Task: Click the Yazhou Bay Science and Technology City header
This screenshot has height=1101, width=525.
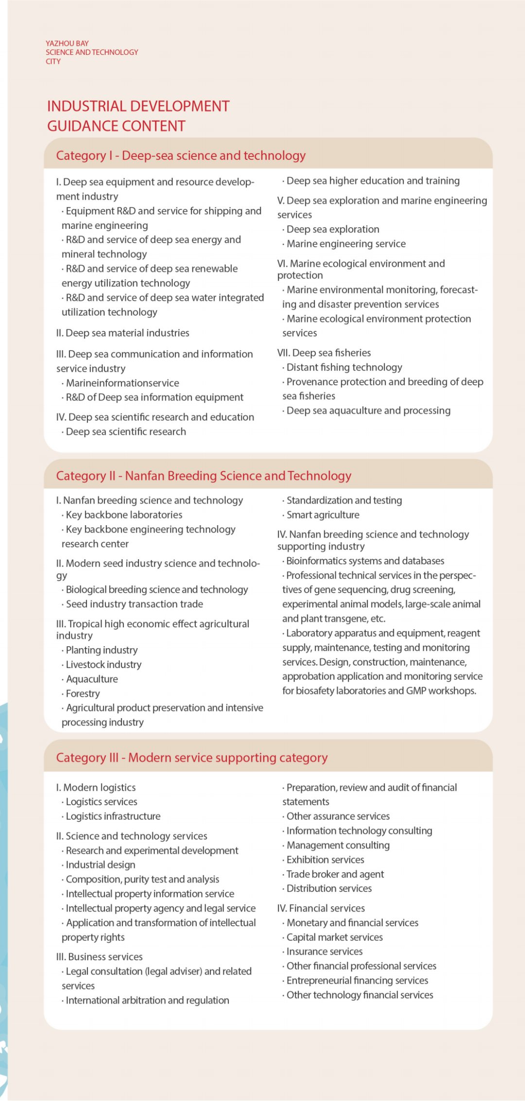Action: [91, 52]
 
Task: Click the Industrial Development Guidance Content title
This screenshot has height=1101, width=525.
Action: [138, 116]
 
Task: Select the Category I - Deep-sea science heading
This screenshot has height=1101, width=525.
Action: [181, 155]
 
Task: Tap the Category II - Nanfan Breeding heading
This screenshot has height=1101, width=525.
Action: [204, 476]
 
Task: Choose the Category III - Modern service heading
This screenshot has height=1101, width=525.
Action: [192, 757]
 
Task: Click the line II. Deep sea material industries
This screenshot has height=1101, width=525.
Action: [122, 333]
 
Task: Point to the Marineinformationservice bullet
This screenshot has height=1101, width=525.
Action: [122, 383]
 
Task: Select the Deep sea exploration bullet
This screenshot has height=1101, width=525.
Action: [332, 229]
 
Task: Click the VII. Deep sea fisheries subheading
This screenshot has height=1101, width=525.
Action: [324, 353]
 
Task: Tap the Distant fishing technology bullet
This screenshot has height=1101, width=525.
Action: [344, 367]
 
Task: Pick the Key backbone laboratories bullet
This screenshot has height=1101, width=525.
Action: [124, 515]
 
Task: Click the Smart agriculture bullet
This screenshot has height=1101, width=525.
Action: [323, 515]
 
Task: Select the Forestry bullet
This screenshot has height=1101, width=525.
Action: [83, 693]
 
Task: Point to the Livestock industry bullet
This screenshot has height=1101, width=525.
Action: [104, 664]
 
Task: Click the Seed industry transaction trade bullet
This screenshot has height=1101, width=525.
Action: [134, 604]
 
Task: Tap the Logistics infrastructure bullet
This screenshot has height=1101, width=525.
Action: [113, 816]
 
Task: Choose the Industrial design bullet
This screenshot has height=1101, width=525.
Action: [100, 865]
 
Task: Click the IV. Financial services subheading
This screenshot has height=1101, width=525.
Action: [321, 908]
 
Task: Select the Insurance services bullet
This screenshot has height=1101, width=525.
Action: [324, 951]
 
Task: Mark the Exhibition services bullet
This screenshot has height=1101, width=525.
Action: [325, 860]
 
